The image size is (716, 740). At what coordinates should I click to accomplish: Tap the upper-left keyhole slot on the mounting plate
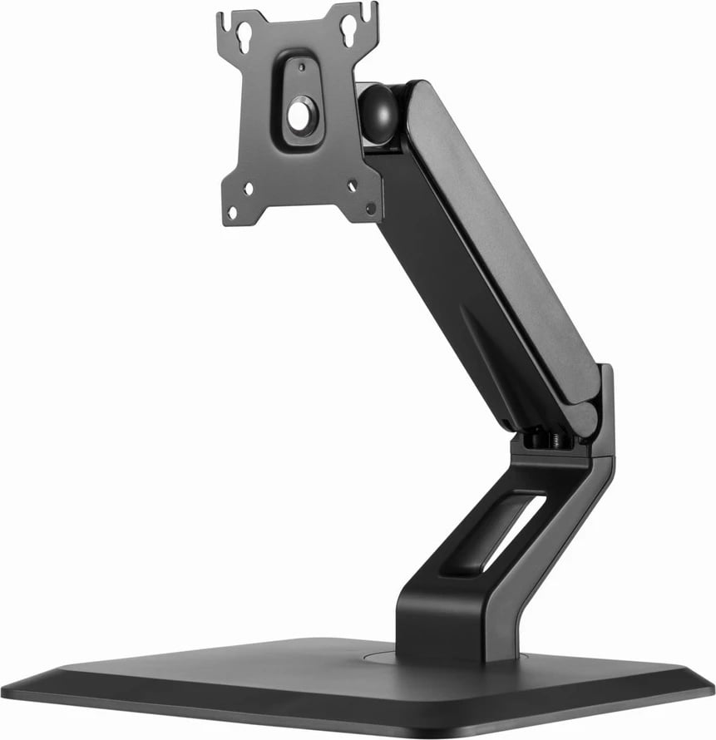point(245,35)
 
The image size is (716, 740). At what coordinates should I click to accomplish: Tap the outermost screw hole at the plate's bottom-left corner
point(232,213)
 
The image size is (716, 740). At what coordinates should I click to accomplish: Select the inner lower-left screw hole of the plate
point(248,190)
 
